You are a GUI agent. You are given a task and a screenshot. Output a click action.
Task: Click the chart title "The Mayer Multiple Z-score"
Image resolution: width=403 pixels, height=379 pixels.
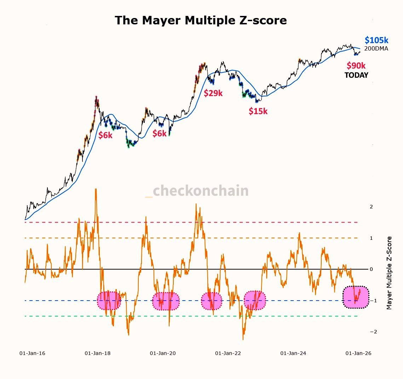pyautogui.click(x=201, y=20)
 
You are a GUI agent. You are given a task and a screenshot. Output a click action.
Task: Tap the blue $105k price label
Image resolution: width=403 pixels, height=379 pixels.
pyautogui.click(x=376, y=40)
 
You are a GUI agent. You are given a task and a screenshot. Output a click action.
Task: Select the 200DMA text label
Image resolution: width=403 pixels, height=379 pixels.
pyautogui.click(x=376, y=49)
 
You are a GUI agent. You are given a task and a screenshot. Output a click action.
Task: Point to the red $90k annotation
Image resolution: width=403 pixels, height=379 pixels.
pyautogui.click(x=356, y=66)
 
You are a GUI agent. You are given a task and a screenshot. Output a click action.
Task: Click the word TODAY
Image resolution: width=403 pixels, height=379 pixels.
pyautogui.click(x=356, y=75)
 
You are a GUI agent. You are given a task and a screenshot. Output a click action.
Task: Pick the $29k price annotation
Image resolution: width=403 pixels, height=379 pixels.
pyautogui.click(x=213, y=93)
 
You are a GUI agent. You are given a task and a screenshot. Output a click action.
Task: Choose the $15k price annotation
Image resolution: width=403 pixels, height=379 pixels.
pyautogui.click(x=258, y=111)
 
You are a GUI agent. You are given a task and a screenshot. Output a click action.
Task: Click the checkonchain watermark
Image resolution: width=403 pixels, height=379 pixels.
pyautogui.click(x=197, y=191)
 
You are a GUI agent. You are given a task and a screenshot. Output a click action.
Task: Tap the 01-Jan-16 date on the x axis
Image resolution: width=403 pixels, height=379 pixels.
pyautogui.click(x=32, y=353)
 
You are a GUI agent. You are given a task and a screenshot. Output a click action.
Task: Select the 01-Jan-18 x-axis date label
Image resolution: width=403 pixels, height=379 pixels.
pyautogui.click(x=98, y=353)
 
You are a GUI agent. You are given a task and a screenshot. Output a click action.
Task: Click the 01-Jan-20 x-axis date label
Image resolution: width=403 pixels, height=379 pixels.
pyautogui.click(x=163, y=353)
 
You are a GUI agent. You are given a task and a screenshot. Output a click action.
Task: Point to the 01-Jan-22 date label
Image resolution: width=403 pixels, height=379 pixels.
pyautogui.click(x=228, y=353)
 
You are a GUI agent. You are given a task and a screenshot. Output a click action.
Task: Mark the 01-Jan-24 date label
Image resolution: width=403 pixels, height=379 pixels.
pyautogui.click(x=293, y=353)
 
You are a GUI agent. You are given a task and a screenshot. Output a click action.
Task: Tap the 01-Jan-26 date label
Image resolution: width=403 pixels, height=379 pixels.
pyautogui.click(x=358, y=353)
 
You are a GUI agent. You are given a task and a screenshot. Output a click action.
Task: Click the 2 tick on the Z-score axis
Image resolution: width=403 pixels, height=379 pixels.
pyautogui.click(x=371, y=207)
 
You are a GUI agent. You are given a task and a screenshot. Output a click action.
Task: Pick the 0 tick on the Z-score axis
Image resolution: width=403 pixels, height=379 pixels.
pyautogui.click(x=371, y=269)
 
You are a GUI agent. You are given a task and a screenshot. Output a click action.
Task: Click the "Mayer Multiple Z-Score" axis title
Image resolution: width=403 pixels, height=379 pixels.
pyautogui.click(x=389, y=273)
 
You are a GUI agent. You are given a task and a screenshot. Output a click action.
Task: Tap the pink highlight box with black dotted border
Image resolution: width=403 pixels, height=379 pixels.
pyautogui.click(x=356, y=297)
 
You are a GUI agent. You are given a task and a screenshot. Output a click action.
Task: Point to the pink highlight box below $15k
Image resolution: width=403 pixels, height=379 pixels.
pyautogui.click(x=255, y=301)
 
